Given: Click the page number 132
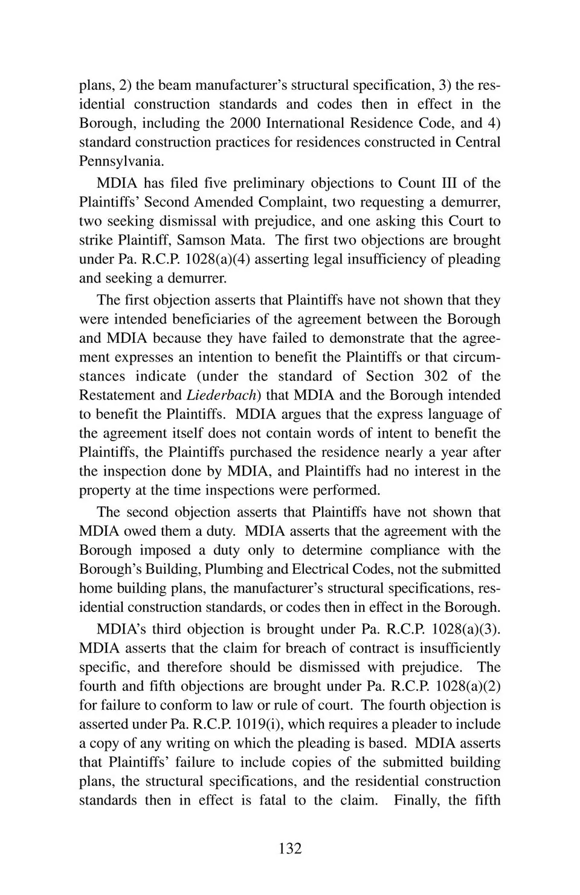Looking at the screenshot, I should [290, 849].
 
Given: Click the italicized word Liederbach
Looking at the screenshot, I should [217, 395].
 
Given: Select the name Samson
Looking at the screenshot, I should [201, 240].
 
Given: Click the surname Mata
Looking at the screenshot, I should [246, 240].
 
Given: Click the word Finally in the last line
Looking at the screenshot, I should [416, 800].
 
